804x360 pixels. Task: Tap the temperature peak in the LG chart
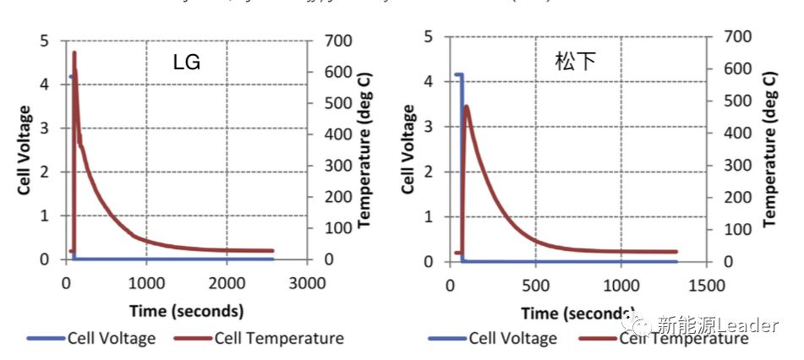(74, 52)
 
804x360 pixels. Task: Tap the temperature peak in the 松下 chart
(467, 106)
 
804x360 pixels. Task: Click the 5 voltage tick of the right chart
(429, 36)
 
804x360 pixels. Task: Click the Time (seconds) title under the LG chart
(187, 310)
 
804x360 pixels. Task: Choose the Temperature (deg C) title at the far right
(770, 149)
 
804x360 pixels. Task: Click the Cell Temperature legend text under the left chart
(279, 339)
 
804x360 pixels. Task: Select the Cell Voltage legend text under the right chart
(513, 339)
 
